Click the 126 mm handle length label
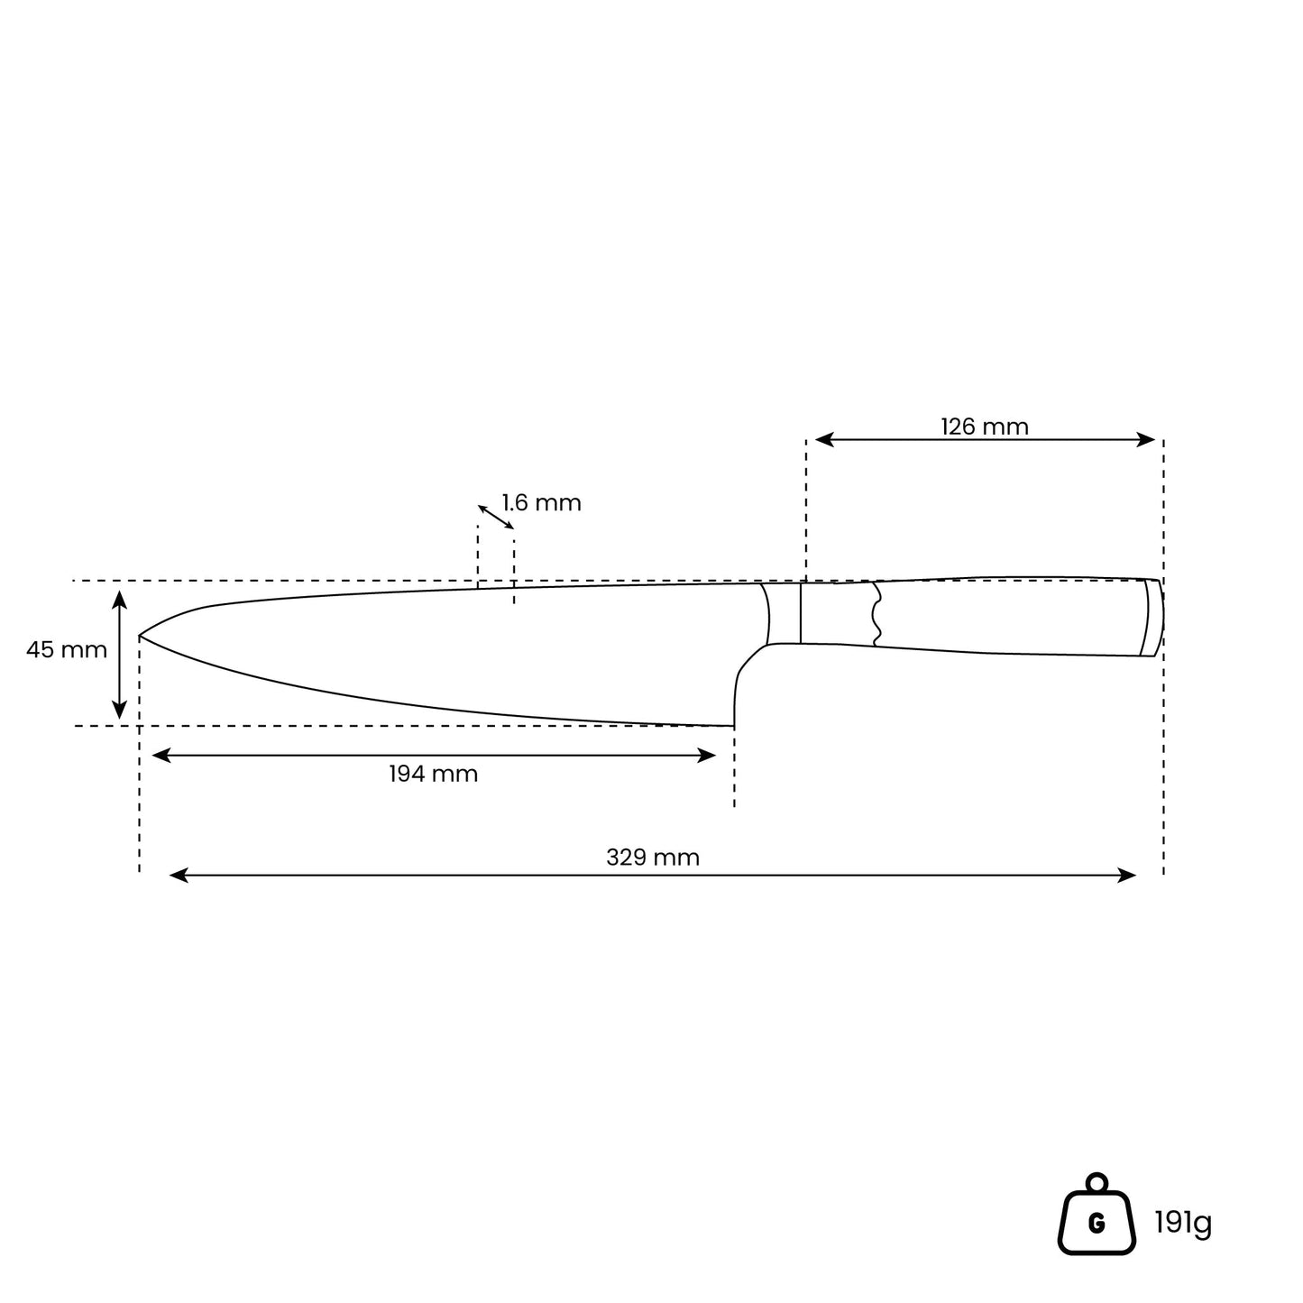pyautogui.click(x=984, y=427)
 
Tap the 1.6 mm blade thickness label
pyautogui.click(x=541, y=502)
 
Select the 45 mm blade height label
pyautogui.click(x=66, y=650)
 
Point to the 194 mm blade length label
pyautogui.click(x=434, y=774)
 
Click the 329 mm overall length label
pyautogui.click(x=653, y=858)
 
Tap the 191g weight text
pyautogui.click(x=1183, y=1222)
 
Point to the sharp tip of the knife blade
pyautogui.click(x=140, y=636)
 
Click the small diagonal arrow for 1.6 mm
pyautogui.click(x=496, y=518)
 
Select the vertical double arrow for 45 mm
pyautogui.click(x=120, y=655)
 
